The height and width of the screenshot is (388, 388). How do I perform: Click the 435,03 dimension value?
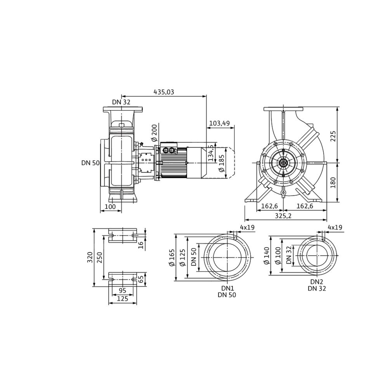click(164, 92)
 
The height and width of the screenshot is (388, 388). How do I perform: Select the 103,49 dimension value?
click(220, 123)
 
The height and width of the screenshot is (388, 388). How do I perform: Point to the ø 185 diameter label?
click(222, 163)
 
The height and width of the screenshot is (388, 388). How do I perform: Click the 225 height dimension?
click(333, 135)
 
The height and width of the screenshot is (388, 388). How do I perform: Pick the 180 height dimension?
click(333, 183)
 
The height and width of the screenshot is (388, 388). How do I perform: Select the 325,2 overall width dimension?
click(283, 216)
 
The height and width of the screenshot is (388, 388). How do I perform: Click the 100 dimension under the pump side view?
click(110, 207)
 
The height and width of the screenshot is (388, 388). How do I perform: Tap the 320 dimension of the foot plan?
click(90, 257)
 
